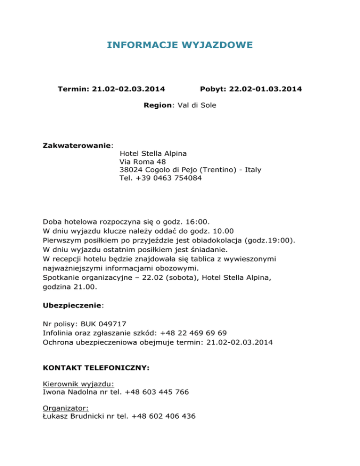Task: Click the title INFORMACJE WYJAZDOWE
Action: coord(180,45)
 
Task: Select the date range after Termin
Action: coord(132,89)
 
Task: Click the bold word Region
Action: coord(158,105)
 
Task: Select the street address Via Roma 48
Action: coord(139,161)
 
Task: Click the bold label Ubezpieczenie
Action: coord(72,305)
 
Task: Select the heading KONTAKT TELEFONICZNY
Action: coord(96,368)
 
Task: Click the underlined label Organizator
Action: coord(61,408)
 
